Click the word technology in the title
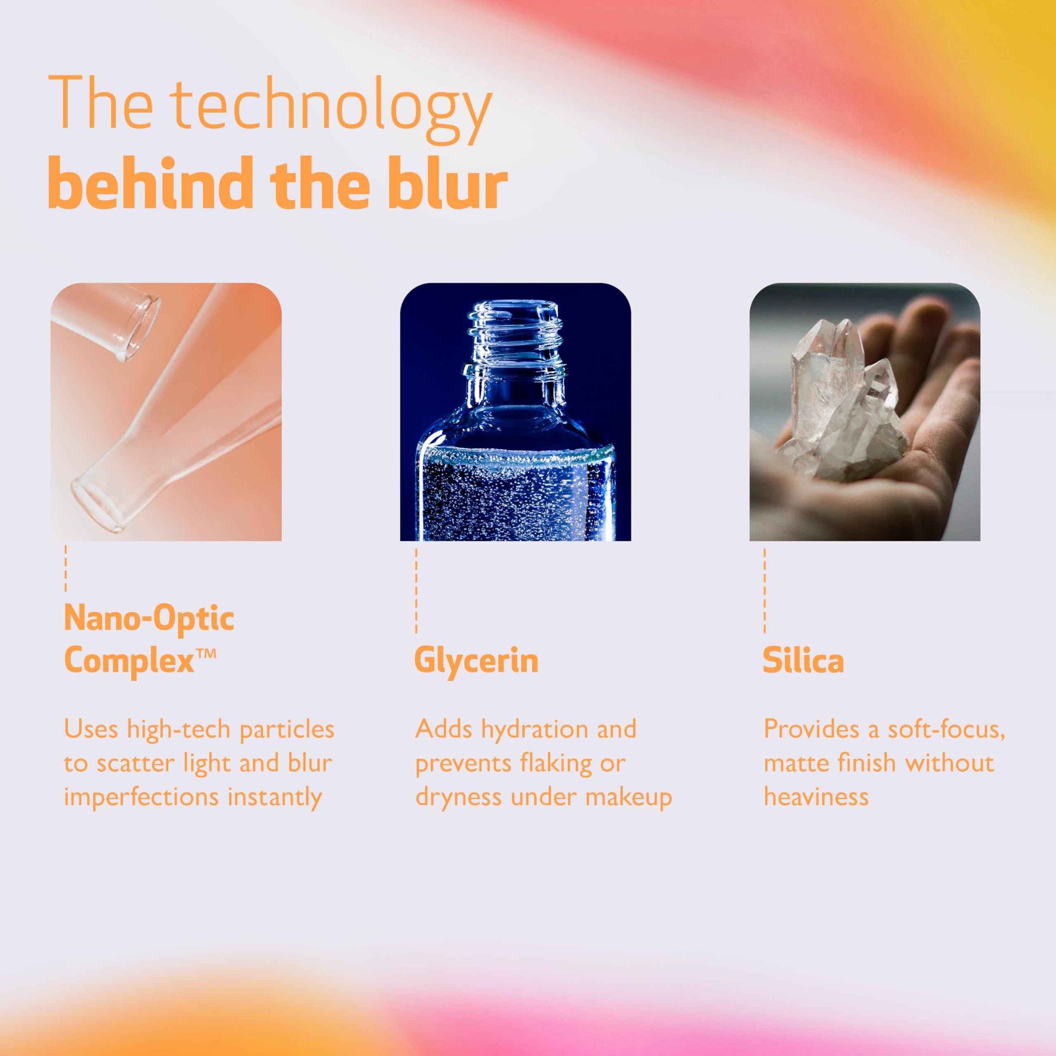click(330, 108)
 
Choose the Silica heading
click(804, 660)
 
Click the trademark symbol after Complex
click(206, 654)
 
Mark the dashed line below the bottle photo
click(416, 591)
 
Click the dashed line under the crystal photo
click(765, 591)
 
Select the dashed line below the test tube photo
click(66, 568)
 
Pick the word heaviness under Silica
click(816, 797)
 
